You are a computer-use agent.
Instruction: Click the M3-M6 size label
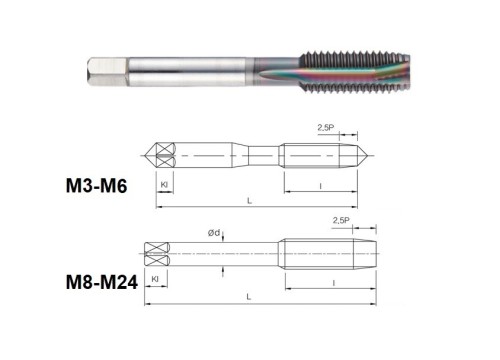[x=96, y=186]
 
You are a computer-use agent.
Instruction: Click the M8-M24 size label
[x=102, y=282]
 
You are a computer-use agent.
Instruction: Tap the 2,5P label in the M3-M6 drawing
[x=326, y=127]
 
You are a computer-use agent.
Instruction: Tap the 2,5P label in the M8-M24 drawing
[x=341, y=220]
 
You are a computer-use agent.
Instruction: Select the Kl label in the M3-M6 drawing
[x=164, y=184]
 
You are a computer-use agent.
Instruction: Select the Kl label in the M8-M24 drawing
[x=155, y=279]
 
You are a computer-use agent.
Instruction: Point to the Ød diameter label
[x=214, y=233]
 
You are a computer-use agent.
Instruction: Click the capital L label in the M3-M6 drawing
[x=249, y=201]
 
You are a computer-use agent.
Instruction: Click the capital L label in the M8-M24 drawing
[x=249, y=297]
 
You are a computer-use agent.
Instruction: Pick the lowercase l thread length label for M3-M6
[x=321, y=186]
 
